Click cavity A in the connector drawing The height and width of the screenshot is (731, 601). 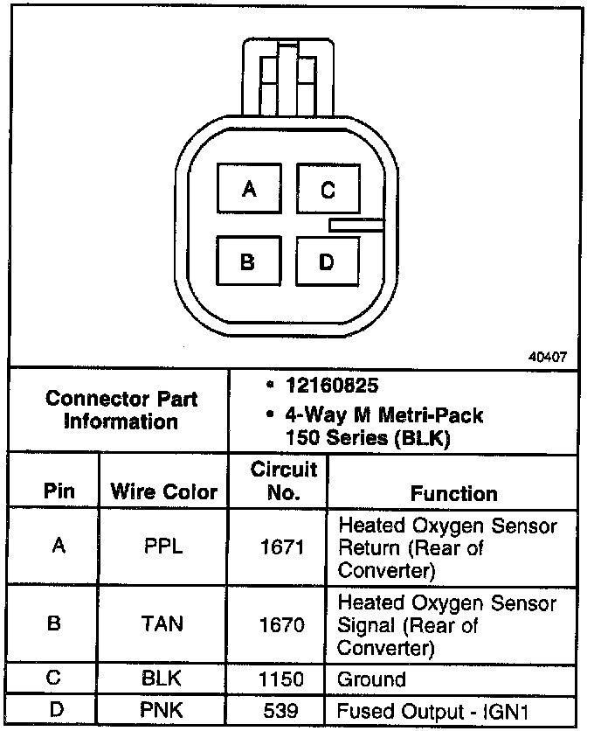tap(248, 189)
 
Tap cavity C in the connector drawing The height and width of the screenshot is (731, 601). tap(328, 189)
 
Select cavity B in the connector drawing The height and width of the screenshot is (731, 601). tap(248, 261)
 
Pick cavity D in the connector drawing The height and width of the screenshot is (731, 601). tap(327, 261)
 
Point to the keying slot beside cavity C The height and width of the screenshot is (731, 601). tap(356, 226)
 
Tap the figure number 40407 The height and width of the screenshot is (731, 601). tap(548, 357)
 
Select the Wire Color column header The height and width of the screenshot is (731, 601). tap(163, 491)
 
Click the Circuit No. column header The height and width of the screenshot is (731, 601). tap(284, 481)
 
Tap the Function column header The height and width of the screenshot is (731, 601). tap(453, 493)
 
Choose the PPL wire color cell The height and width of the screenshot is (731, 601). tap(163, 547)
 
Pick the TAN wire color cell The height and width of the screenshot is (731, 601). tap(163, 624)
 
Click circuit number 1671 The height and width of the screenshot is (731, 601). tap(284, 548)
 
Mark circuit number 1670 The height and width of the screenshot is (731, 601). tap(284, 625)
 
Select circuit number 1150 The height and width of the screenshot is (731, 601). tap(284, 679)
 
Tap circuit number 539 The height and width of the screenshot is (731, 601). tap(284, 709)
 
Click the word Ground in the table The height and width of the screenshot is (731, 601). tap(372, 679)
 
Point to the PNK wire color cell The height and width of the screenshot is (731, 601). tap(163, 709)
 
